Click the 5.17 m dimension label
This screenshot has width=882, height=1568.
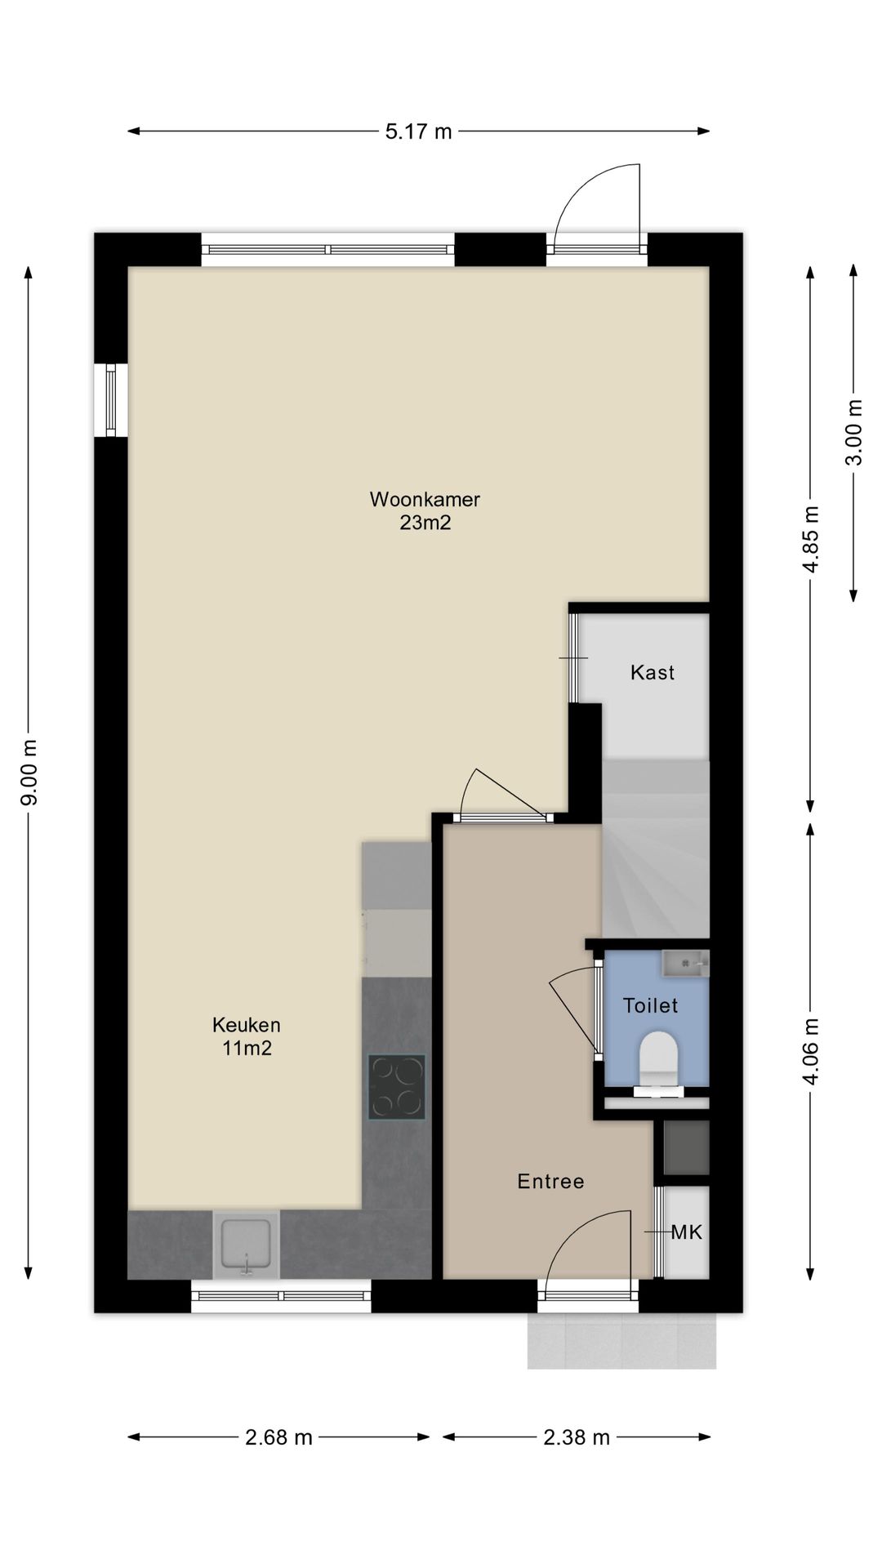418,131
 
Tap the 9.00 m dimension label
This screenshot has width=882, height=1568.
29,773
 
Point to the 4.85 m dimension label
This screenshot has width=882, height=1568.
811,541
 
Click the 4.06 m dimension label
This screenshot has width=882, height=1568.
811,1050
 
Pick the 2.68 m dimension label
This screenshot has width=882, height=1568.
278,1460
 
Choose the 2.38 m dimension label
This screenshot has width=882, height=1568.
577,1460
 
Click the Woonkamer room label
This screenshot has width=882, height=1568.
425,499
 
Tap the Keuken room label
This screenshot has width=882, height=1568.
247,1024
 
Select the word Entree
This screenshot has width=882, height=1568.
551,1181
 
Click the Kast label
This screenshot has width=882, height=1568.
653,672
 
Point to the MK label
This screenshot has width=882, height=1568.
686,1232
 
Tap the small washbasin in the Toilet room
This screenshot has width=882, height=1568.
685,964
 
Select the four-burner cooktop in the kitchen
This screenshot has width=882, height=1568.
397,1086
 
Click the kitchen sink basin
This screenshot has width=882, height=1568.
246,1244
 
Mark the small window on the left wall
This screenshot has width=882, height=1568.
111,400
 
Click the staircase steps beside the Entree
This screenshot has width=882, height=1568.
656,849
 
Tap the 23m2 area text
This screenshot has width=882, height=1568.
425,523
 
